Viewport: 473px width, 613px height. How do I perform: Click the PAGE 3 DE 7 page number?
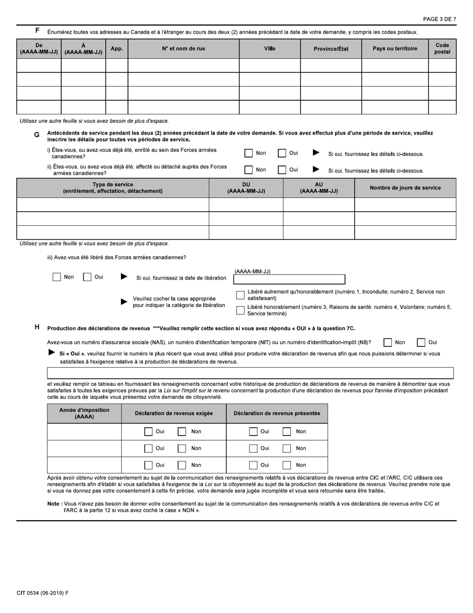pos(439,19)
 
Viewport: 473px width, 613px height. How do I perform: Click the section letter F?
pos(37,31)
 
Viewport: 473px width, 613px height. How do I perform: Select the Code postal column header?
pos(442,48)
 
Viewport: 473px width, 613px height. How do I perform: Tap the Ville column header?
pos(269,48)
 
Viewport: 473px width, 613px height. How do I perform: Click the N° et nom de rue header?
pos(183,48)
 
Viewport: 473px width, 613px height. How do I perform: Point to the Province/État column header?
pos(331,48)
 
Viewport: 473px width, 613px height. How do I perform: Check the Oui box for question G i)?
pos(282,154)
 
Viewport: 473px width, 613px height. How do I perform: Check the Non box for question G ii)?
pos(249,170)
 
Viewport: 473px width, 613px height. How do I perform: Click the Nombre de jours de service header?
pos(405,188)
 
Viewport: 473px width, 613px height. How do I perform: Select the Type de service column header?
pos(113,188)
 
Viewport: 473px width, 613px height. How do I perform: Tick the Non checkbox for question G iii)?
pos(57,277)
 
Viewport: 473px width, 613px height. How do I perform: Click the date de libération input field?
pos(289,280)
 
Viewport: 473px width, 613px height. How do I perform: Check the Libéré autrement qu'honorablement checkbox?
pos(240,295)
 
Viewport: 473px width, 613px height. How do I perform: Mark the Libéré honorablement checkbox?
pos(240,310)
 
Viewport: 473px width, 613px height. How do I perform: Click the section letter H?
pos(37,327)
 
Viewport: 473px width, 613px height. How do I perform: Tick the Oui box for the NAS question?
pos(421,342)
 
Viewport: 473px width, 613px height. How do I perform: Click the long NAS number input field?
pos(250,373)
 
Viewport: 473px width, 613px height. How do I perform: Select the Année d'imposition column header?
pos(84,413)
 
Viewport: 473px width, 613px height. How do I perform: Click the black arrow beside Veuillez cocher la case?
pos(124,302)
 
